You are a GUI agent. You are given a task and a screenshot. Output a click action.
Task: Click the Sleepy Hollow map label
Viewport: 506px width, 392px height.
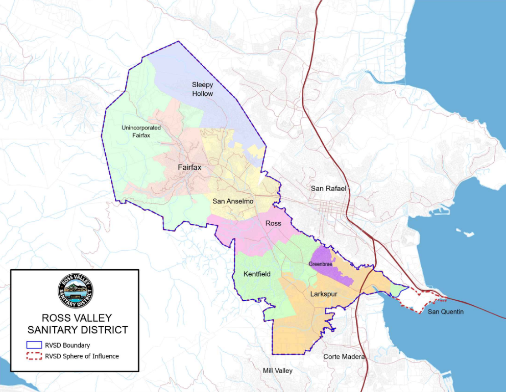tap(202, 89)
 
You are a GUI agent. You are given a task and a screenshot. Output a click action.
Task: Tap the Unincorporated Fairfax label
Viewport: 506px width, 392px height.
tap(141, 131)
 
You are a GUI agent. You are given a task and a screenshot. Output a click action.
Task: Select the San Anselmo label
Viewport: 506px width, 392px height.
tap(233, 201)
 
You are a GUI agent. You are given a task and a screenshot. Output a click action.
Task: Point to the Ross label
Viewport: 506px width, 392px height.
tap(273, 223)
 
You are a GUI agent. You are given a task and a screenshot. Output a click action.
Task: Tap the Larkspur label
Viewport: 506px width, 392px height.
tap(324, 294)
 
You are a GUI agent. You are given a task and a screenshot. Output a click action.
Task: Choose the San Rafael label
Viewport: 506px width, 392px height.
tap(328, 189)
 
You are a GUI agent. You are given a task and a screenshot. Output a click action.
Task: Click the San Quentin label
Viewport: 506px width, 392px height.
tap(445, 311)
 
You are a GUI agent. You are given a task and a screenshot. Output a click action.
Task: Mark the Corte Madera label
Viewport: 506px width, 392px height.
tap(344, 357)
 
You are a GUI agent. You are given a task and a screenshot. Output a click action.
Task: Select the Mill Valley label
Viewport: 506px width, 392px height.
tap(277, 371)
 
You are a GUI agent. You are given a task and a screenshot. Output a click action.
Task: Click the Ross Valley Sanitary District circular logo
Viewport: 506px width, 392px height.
tap(76, 291)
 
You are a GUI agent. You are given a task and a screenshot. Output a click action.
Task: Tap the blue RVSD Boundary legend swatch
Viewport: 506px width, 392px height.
tap(33, 345)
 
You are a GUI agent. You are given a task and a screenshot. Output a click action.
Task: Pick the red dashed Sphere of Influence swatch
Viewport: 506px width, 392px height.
tap(33, 356)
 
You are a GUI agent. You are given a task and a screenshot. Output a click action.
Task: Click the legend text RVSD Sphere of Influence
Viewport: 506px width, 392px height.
tap(82, 356)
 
